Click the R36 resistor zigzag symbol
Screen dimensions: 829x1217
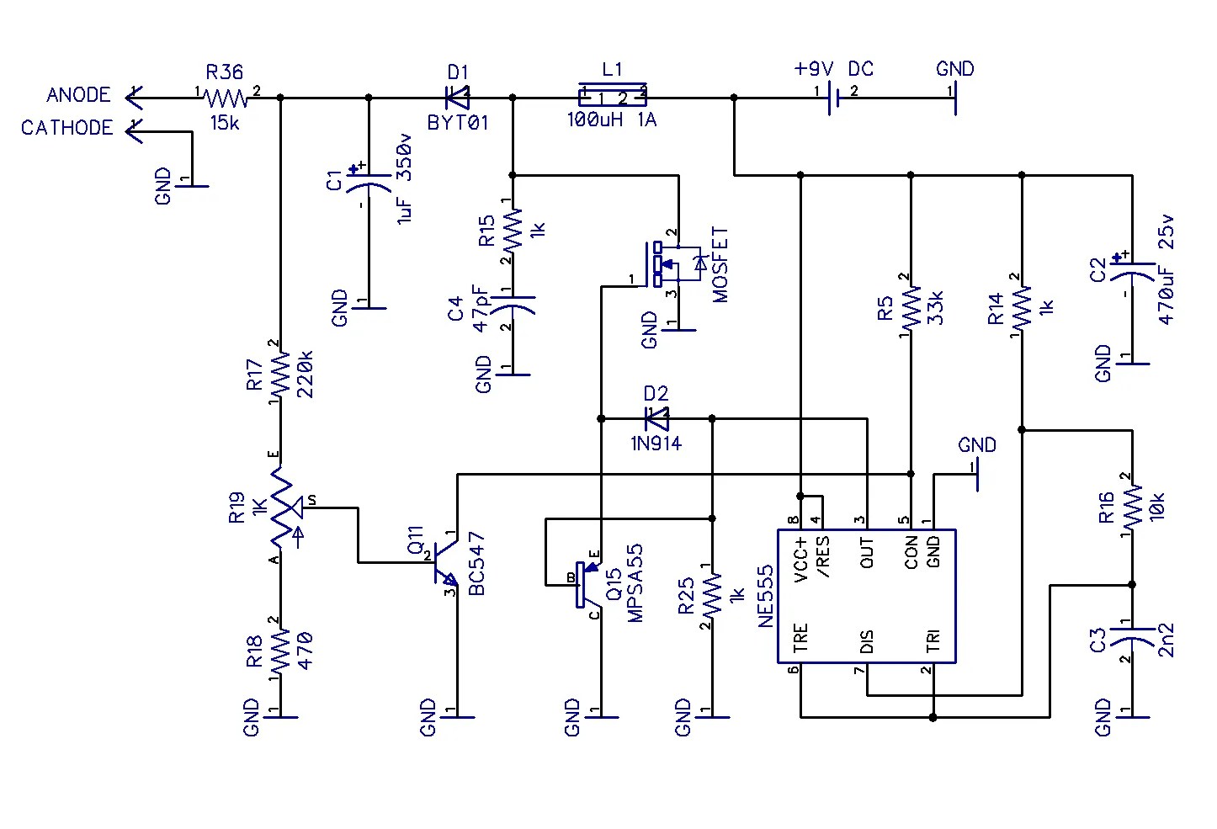[x=226, y=98]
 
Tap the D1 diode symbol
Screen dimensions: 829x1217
[x=457, y=98]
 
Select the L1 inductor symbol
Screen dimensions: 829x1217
[x=613, y=93]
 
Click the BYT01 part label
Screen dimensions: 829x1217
[x=458, y=123]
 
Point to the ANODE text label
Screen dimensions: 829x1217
[x=78, y=95]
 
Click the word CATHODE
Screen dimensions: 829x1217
[x=66, y=128]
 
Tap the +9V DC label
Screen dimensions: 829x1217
[x=834, y=69]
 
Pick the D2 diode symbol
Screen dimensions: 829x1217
[x=656, y=417]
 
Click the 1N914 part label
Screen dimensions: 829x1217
[x=656, y=444]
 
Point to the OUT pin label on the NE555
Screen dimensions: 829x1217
[x=867, y=553]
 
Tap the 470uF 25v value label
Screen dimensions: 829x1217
[x=1167, y=269]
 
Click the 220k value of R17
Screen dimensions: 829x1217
[x=305, y=375]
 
